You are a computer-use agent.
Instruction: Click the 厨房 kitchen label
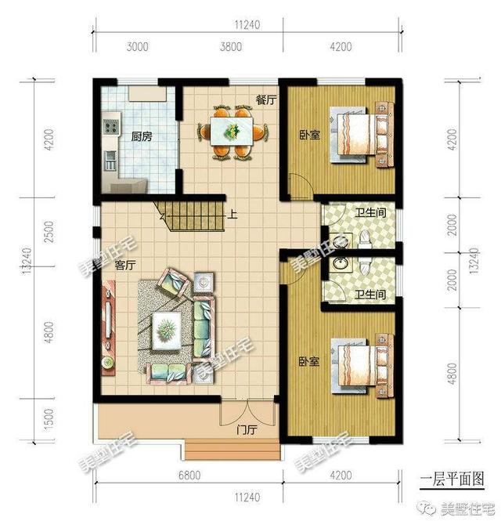pyautogui.click(x=142, y=136)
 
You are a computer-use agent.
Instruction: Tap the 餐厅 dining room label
pyautogui.click(x=266, y=99)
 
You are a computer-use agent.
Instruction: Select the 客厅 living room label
pyautogui.click(x=125, y=265)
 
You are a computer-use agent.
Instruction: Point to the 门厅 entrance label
pyautogui.click(x=247, y=430)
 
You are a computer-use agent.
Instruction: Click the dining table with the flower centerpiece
pyautogui.click(x=232, y=131)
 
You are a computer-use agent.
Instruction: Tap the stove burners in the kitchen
pyautogui.click(x=111, y=126)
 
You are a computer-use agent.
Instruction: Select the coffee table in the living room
pyautogui.click(x=167, y=331)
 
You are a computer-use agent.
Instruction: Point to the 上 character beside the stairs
pyautogui.click(x=232, y=215)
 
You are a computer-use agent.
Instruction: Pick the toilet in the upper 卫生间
pyautogui.click(x=365, y=239)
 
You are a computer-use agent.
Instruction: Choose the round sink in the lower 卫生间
pyautogui.click(x=339, y=264)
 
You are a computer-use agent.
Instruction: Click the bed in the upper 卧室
pyautogui.click(x=361, y=135)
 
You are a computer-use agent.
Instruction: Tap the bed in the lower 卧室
pyautogui.click(x=361, y=366)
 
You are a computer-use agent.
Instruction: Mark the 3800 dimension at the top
pyautogui.click(x=230, y=46)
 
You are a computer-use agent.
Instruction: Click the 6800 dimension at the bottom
pyautogui.click(x=189, y=476)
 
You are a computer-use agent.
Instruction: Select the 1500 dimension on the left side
pyautogui.click(x=49, y=419)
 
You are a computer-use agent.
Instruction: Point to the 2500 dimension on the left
pyautogui.click(x=49, y=232)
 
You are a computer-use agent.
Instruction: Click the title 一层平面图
pyautogui.click(x=452, y=479)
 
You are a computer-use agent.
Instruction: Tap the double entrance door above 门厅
pyautogui.click(x=247, y=412)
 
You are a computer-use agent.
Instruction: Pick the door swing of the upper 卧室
pyautogui.click(x=301, y=186)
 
